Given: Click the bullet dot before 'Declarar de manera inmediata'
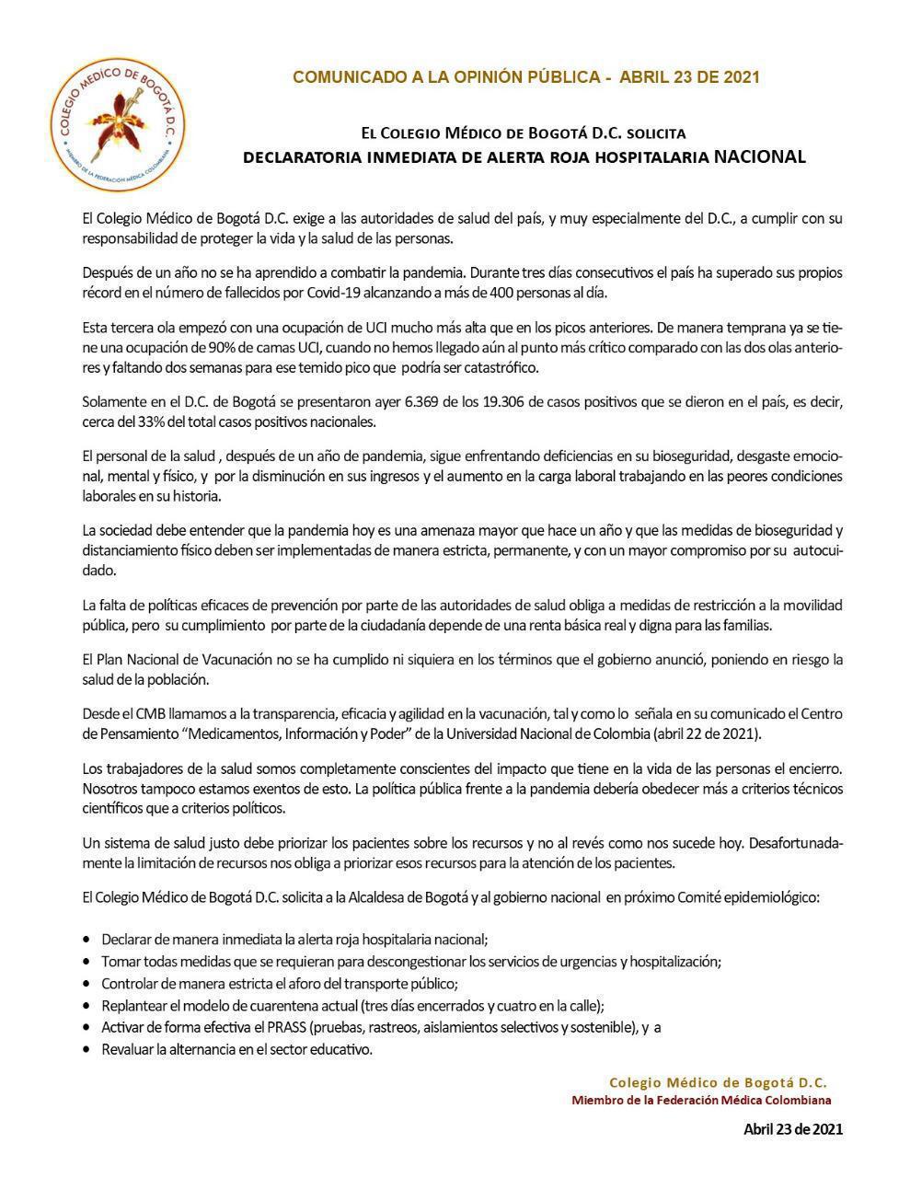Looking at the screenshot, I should point(86,941).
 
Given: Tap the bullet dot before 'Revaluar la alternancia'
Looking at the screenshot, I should point(86,1050).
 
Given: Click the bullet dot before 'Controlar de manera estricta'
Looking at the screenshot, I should point(86,984).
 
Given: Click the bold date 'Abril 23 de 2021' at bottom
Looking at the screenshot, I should point(792,1129).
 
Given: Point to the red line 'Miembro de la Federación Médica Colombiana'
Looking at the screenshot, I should point(701,1101).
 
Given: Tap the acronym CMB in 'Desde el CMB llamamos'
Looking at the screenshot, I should point(151,714).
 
